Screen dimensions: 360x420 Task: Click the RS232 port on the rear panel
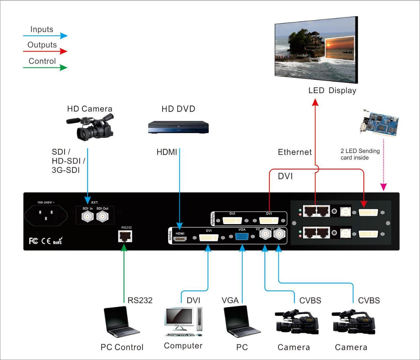click(x=125, y=236)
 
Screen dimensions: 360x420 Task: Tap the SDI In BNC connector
click(x=87, y=217)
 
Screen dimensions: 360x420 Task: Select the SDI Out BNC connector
click(x=102, y=217)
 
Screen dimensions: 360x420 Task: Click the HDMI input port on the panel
click(x=180, y=238)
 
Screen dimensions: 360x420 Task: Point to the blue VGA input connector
click(x=242, y=237)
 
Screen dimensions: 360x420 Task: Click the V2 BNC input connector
click(x=265, y=234)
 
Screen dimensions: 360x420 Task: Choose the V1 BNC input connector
click(x=279, y=234)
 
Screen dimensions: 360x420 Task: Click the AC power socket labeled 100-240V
click(x=46, y=216)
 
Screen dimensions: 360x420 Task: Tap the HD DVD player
click(x=178, y=127)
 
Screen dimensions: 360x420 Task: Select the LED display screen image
click(x=316, y=50)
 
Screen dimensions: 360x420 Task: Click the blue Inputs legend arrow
click(x=45, y=35)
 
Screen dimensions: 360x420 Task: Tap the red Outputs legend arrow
click(x=45, y=51)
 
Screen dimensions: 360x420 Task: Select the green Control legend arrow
click(x=45, y=67)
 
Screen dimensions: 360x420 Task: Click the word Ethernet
click(x=295, y=152)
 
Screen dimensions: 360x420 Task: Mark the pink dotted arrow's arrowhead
click(x=383, y=187)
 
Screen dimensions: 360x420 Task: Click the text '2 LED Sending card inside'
click(x=360, y=154)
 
